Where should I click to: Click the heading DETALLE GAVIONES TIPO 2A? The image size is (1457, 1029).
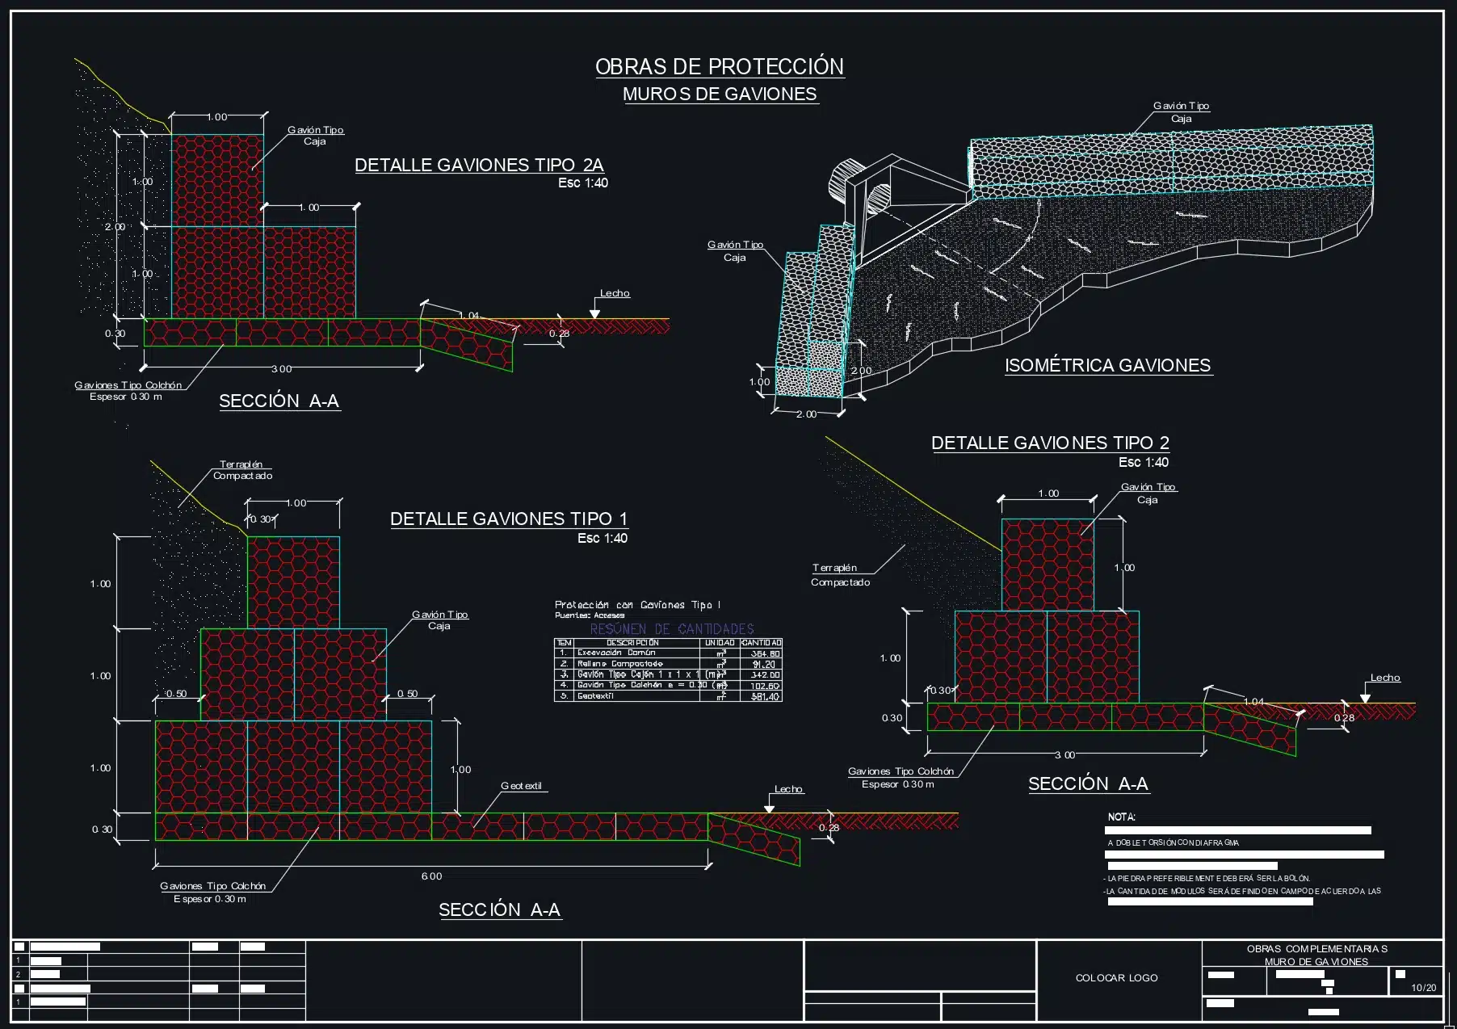[479, 165]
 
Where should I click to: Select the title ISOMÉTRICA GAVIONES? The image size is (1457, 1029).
[1107, 365]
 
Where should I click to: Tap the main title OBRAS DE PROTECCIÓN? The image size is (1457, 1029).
[719, 66]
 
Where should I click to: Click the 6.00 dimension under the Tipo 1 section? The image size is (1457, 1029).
[431, 876]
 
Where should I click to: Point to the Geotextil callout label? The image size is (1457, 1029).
[521, 786]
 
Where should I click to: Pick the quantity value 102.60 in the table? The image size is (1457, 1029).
[764, 686]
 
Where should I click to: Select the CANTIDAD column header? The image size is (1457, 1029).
[761, 643]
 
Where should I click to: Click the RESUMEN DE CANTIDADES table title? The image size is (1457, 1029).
[671, 628]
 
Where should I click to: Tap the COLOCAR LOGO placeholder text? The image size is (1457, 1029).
[1116, 978]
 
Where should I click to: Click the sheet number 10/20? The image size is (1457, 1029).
[1423, 988]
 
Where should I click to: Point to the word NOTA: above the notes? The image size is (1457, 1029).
[1121, 817]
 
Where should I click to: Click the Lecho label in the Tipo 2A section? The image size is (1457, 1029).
[614, 293]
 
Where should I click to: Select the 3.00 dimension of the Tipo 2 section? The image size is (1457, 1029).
[1064, 755]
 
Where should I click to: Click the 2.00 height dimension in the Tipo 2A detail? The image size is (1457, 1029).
[115, 227]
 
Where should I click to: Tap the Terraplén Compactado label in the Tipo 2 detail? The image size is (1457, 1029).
[840, 575]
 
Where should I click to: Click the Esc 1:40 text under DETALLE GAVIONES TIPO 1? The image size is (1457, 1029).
[602, 538]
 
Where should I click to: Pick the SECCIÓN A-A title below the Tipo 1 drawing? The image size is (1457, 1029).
[499, 909]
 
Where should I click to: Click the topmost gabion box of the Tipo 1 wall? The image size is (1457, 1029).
[293, 582]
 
